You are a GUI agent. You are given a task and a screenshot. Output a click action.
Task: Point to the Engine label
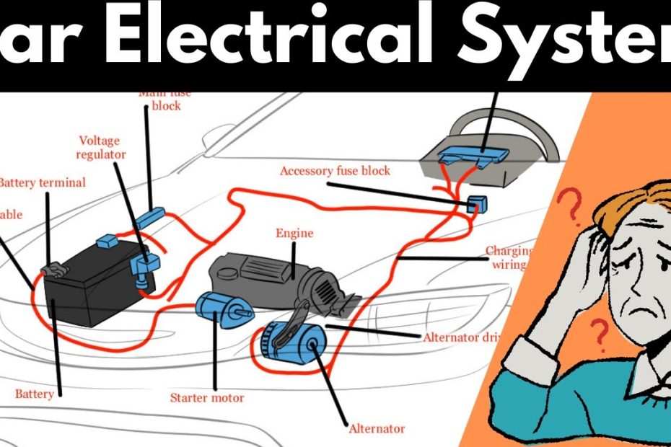(x=294, y=233)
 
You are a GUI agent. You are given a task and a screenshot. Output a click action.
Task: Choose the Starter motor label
(x=207, y=397)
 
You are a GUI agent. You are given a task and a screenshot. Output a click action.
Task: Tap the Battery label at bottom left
(x=35, y=394)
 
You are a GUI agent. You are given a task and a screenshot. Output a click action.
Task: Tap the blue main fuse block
(x=152, y=216)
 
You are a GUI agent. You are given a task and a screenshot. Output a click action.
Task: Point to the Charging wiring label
(x=508, y=257)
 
